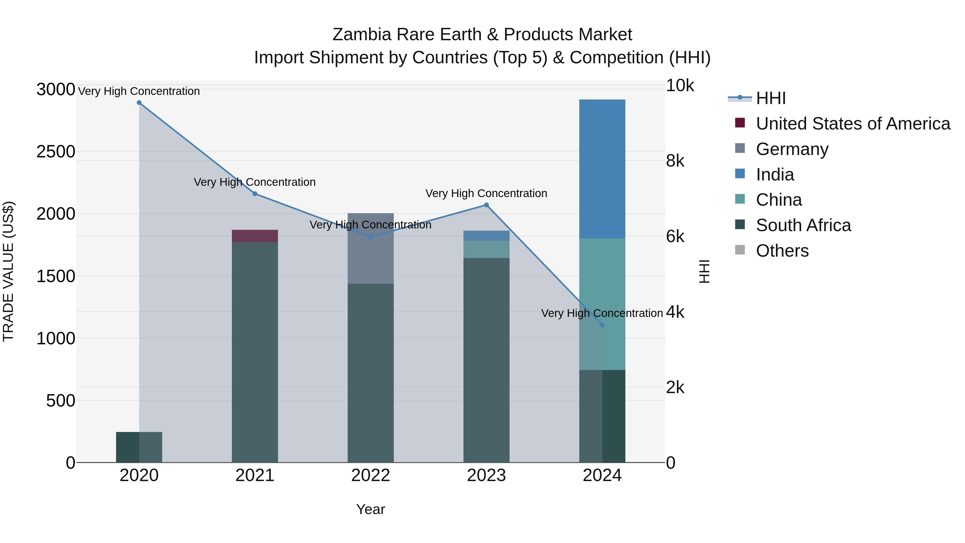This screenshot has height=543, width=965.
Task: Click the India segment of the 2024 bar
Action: point(602,169)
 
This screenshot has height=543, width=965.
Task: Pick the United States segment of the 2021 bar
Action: point(255,236)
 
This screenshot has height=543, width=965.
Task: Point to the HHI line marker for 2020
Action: point(139,103)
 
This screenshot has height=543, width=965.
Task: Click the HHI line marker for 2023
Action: point(486,205)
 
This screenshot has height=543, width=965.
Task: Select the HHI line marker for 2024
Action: point(602,325)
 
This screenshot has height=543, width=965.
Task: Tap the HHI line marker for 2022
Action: point(370,237)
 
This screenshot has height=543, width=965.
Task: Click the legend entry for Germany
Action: point(792,149)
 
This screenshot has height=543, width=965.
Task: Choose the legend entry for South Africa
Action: point(803,225)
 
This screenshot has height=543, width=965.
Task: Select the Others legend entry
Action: point(782,251)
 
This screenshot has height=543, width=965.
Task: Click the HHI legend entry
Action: point(771,98)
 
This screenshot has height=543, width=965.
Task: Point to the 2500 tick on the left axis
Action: point(56,152)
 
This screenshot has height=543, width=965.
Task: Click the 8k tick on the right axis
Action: point(675,161)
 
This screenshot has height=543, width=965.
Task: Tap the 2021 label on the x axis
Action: point(255,475)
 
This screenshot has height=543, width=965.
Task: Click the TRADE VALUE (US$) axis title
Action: point(8,271)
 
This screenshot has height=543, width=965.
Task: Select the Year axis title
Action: point(370,509)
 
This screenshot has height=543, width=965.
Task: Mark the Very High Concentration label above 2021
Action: point(255,182)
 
